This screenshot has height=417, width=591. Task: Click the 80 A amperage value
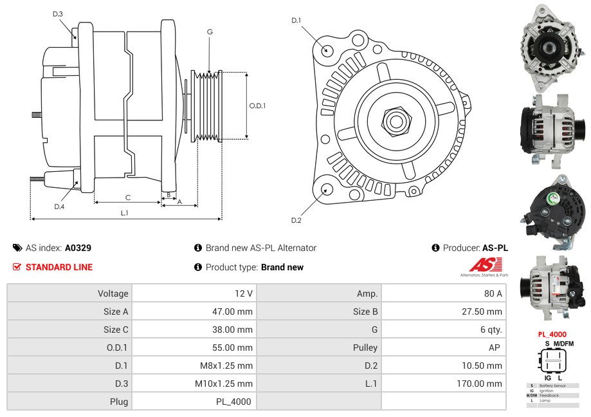click(493, 293)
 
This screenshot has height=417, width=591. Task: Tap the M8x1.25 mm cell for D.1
click(224, 366)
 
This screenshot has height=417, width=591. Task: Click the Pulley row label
click(365, 347)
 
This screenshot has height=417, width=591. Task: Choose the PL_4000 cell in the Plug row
click(233, 402)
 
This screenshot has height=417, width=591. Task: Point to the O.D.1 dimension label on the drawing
click(257, 106)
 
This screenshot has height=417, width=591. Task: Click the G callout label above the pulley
click(210, 32)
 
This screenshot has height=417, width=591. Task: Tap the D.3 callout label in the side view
click(58, 14)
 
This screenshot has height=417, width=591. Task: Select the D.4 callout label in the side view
click(59, 207)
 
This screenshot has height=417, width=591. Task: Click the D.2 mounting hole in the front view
click(326, 189)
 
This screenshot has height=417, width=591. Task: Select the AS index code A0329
click(78, 248)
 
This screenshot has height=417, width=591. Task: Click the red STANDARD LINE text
click(59, 267)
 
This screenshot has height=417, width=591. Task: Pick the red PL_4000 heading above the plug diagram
click(552, 335)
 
